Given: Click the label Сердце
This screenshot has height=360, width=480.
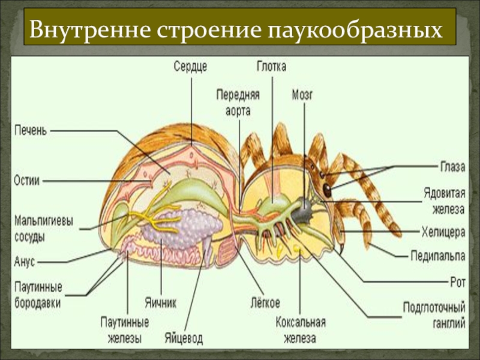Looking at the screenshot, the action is click(x=191, y=67).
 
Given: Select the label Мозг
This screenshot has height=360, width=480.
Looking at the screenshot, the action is click(x=303, y=94).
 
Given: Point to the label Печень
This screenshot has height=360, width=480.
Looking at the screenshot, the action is click(x=30, y=130).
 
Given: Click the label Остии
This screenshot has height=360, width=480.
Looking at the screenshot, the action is click(x=26, y=180).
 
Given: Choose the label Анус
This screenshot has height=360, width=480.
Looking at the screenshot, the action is click(x=25, y=262).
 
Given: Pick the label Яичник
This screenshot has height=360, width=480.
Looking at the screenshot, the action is click(x=160, y=302).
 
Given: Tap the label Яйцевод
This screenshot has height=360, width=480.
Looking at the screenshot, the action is click(x=184, y=338).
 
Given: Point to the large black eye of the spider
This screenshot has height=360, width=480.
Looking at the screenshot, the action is click(x=328, y=190).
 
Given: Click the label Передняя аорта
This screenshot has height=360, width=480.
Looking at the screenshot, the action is click(x=238, y=102).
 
